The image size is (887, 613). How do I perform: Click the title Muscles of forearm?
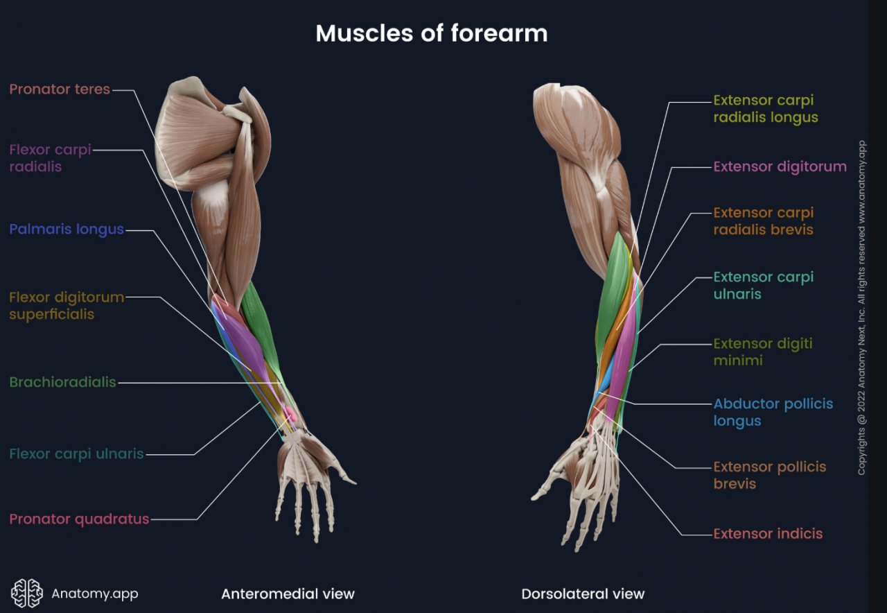[x=431, y=33]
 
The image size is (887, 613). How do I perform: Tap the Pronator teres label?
[x=60, y=89]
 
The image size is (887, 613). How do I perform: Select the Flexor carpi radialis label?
[x=50, y=158]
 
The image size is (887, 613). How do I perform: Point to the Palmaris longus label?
[x=67, y=230]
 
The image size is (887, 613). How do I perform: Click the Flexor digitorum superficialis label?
[x=67, y=306]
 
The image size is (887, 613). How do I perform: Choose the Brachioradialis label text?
[x=62, y=382]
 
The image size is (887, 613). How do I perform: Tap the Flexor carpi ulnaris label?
[x=76, y=454]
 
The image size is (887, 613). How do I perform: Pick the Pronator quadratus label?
[x=79, y=519]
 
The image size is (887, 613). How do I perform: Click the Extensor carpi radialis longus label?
[x=765, y=109]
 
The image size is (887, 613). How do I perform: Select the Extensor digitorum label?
[x=780, y=166]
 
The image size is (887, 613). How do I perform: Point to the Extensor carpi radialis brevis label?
[x=763, y=221]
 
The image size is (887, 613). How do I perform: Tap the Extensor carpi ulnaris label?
[x=763, y=286]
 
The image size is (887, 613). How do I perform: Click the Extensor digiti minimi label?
[x=762, y=352]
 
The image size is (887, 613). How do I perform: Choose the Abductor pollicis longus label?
[x=773, y=413]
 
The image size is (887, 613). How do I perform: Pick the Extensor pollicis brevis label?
[x=769, y=475]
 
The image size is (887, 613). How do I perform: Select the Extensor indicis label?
[x=768, y=533]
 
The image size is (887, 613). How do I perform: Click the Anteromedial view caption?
[x=288, y=594]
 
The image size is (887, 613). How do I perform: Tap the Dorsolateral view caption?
[x=582, y=594]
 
